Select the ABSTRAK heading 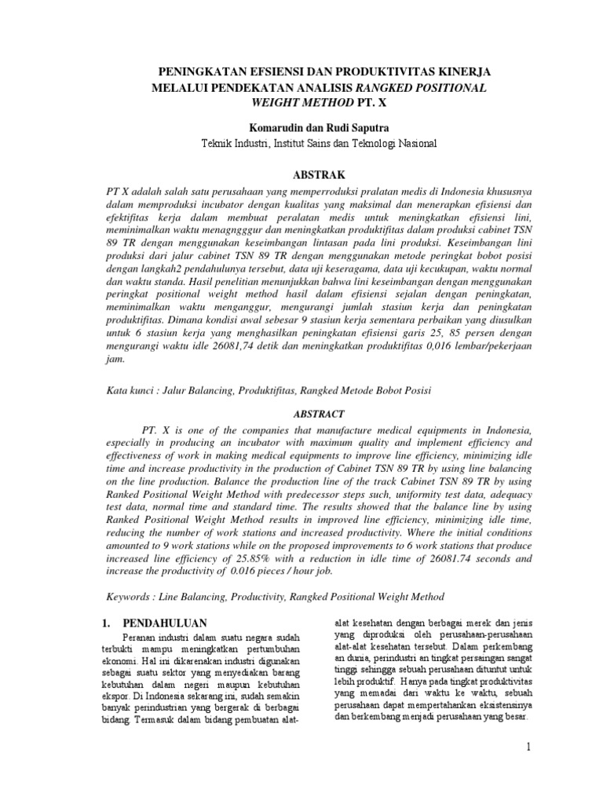(x=301, y=174)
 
